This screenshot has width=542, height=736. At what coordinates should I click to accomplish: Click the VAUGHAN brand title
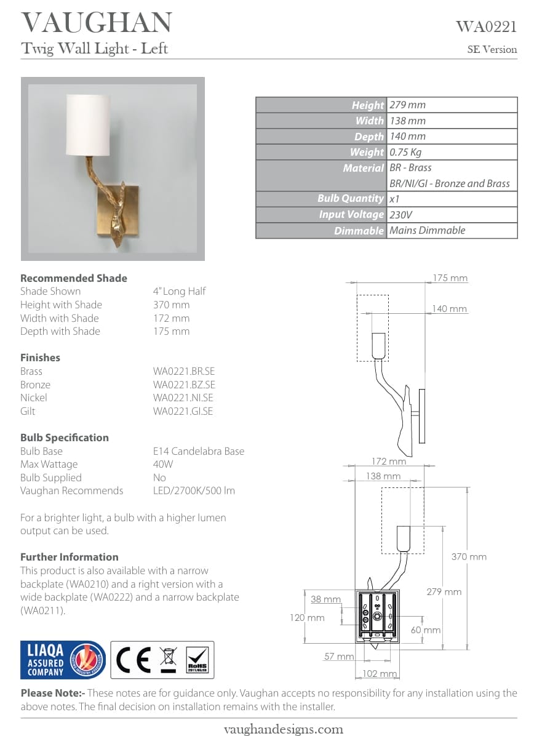97,23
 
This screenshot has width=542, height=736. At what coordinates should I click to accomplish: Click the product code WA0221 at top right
485,26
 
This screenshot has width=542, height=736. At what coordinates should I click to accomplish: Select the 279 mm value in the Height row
407,105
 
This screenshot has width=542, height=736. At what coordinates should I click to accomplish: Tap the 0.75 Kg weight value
405,152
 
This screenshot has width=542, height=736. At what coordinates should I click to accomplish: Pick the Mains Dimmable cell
427,230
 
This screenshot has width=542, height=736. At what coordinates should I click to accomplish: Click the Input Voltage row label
351,215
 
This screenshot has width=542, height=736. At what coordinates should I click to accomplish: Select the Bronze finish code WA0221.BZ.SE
184,385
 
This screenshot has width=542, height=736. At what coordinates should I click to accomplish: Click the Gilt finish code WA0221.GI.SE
183,411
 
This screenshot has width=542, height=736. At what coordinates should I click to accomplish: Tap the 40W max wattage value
163,464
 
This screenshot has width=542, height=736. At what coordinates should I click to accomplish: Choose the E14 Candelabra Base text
198,451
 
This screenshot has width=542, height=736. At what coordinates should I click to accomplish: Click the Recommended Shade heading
74,278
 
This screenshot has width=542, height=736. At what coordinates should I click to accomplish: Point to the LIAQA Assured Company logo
62,660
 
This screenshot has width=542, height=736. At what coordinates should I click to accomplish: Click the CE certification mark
134,660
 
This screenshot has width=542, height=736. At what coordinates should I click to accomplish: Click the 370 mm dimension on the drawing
469,557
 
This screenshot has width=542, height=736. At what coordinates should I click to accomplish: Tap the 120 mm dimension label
307,617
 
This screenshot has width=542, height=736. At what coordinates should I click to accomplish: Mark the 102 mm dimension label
380,674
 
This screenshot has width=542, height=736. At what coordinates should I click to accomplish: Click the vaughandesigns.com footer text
282,729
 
